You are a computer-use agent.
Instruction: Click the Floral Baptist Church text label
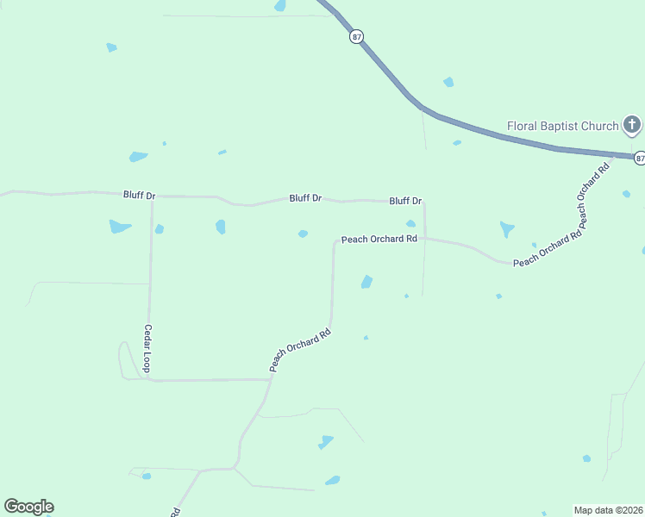562,126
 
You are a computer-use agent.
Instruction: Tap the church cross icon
632,127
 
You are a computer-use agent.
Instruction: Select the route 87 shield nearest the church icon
639,158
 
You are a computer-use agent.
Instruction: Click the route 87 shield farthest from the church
357,37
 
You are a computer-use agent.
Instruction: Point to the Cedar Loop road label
147,348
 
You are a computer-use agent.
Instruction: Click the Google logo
28,507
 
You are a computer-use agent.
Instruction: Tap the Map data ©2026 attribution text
609,510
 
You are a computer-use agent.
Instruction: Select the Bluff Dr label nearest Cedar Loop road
139,196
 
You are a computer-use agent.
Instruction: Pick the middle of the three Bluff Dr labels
305,198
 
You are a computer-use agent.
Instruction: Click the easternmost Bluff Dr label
405,201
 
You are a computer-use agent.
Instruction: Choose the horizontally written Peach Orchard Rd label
379,239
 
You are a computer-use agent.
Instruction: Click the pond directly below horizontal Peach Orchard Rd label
366,282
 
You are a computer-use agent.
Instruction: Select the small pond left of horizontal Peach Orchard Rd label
303,234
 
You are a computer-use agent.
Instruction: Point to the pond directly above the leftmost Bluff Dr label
138,157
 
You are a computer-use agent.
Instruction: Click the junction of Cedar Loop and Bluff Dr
153,196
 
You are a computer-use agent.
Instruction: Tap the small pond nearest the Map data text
586,458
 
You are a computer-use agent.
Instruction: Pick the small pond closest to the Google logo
147,476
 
